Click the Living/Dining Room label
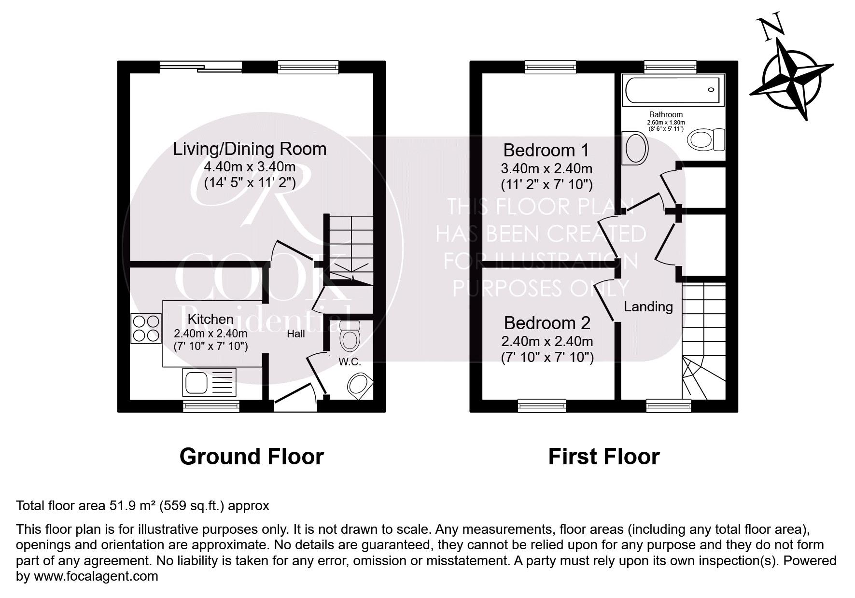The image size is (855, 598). click(x=250, y=149)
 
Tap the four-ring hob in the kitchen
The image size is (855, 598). click(x=146, y=328)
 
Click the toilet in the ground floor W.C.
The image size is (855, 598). click(x=350, y=336)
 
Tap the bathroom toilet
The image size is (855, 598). click(x=706, y=139)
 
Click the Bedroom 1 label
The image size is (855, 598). click(x=546, y=150)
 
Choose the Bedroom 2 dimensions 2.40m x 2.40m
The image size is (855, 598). click(x=547, y=341)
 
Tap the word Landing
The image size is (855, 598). click(x=648, y=306)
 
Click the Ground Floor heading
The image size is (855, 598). click(x=251, y=456)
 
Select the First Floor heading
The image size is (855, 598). click(x=603, y=456)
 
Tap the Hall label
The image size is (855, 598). click(x=295, y=334)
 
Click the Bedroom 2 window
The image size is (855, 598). click(x=542, y=405)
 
